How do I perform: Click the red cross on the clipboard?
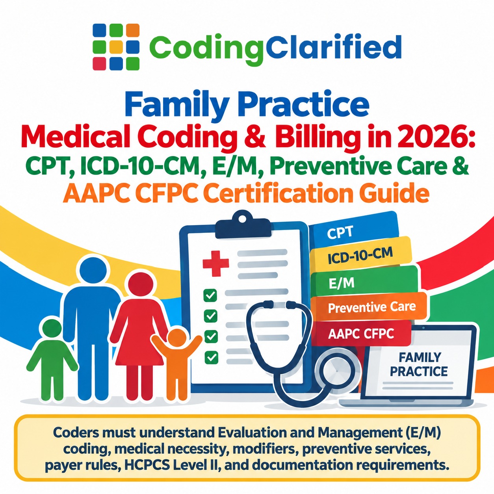215,264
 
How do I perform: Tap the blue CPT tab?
354,232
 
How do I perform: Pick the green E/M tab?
364,282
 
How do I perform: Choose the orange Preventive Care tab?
369,307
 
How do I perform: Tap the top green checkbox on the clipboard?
210,295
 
